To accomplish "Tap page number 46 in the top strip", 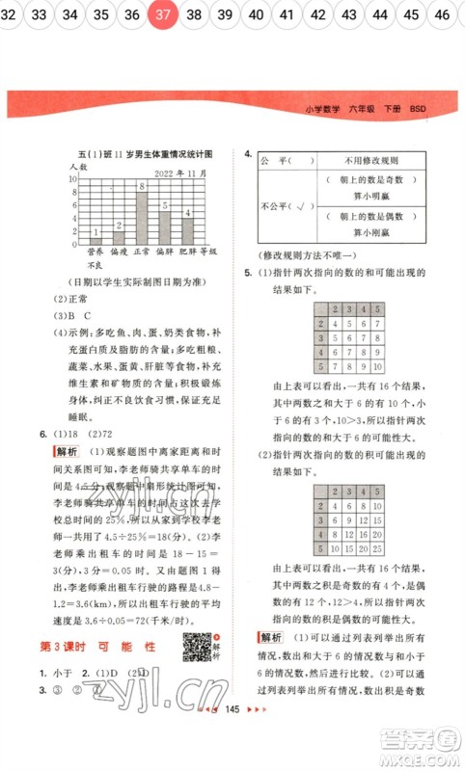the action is coord(442,15).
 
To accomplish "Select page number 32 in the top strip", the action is coord(11,15).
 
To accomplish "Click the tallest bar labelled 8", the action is coord(142,217).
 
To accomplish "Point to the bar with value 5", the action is coord(166,226).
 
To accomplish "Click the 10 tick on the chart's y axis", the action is coord(72,177).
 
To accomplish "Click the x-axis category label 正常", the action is coord(142,252).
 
